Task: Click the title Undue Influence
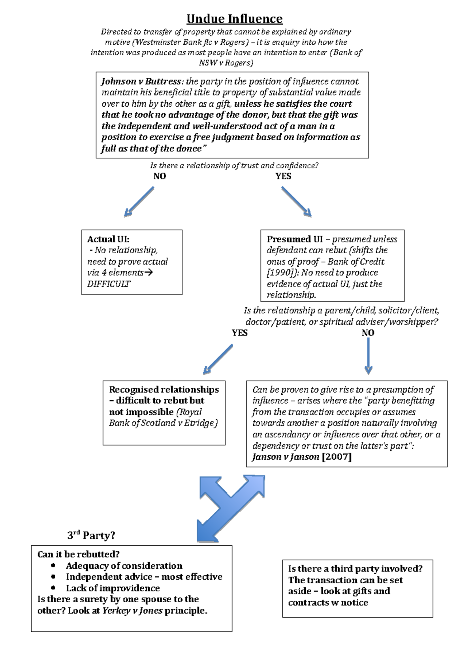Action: [234, 19]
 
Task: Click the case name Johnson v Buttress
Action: [141, 81]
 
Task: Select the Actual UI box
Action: [132, 262]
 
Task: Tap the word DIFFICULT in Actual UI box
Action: [109, 284]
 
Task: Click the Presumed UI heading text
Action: [295, 239]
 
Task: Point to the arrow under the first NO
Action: [139, 202]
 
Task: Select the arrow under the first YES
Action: [297, 202]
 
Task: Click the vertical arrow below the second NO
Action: [368, 356]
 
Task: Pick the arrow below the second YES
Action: [218, 359]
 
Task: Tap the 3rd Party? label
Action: [91, 535]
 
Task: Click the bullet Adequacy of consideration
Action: [124, 565]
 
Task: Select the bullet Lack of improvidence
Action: [113, 588]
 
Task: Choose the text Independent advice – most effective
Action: [144, 577]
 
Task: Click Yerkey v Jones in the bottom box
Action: [132, 611]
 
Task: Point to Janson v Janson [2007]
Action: [301, 457]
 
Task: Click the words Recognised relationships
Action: [164, 390]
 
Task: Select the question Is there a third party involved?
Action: [355, 569]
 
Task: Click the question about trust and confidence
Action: [234, 166]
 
